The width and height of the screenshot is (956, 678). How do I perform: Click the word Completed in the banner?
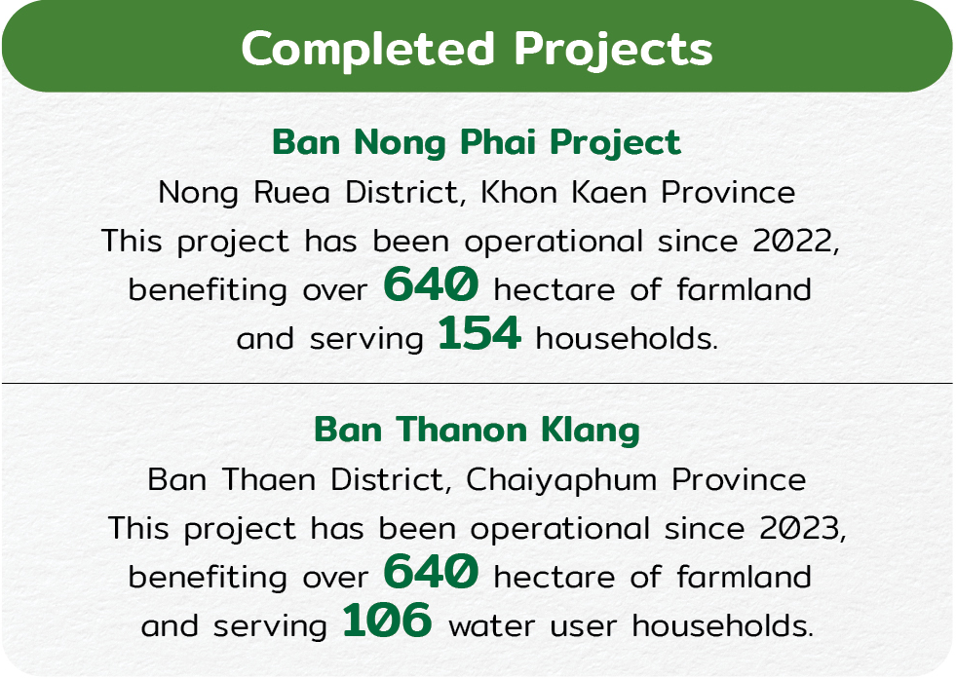pos(367,48)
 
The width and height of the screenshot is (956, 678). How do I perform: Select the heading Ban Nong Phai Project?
pos(477,143)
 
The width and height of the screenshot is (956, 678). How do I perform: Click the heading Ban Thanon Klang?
pos(477,431)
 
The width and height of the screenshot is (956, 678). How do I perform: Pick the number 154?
pos(479,333)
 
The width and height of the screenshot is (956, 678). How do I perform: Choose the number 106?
pos(387,621)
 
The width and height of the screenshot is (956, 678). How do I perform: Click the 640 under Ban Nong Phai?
pos(431,283)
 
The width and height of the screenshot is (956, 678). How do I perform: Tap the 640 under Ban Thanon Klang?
pos(431,571)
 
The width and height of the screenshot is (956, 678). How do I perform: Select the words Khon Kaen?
pos(563,193)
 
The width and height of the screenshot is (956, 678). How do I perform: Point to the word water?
pos(491,626)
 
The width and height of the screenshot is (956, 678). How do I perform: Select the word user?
pos(583,627)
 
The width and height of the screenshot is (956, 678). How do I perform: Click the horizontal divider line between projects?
pos(478,384)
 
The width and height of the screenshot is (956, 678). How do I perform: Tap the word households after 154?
pos(627,338)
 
